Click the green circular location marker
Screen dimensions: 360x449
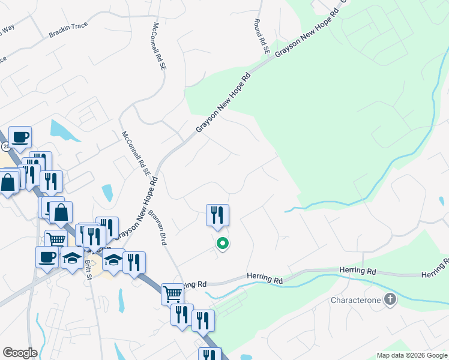click(222, 244)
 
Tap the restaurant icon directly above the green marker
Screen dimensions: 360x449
click(217, 215)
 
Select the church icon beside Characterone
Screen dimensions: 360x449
click(390, 299)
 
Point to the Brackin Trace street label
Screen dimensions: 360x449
click(68, 29)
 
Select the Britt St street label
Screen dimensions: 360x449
click(89, 266)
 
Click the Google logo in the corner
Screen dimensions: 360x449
click(20, 353)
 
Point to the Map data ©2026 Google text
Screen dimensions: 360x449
click(411, 355)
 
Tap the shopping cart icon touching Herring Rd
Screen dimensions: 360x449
click(172, 293)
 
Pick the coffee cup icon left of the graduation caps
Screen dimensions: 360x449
click(47, 257)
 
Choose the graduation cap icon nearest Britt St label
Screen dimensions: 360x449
click(73, 259)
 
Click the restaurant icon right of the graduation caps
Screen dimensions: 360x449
click(134, 262)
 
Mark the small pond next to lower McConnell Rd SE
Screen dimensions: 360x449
click(107, 193)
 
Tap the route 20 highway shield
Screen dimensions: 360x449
click(5, 146)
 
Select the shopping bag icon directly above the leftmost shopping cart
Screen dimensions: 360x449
click(61, 212)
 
